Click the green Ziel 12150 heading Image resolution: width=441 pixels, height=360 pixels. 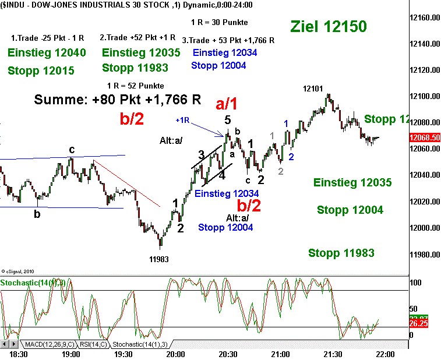click(x=329, y=26)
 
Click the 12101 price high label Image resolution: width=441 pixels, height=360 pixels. click(x=313, y=89)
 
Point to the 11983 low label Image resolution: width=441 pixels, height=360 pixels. click(x=160, y=258)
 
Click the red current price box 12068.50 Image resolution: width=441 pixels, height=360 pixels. click(x=424, y=137)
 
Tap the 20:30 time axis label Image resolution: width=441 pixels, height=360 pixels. click(x=228, y=354)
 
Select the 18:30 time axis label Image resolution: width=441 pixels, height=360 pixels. click(x=19, y=354)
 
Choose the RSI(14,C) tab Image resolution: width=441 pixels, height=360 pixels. click(x=93, y=343)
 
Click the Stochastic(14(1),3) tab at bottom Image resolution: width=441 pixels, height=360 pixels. click(x=139, y=343)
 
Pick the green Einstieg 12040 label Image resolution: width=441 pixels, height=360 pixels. click(x=47, y=53)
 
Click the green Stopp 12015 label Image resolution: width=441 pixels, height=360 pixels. click(x=41, y=70)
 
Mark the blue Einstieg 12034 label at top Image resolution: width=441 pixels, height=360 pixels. click(x=224, y=52)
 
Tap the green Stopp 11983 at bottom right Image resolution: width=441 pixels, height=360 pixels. click(x=341, y=253)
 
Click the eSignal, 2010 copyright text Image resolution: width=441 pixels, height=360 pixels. click(x=19, y=271)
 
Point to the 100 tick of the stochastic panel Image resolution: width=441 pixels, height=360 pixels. click(x=416, y=283)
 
